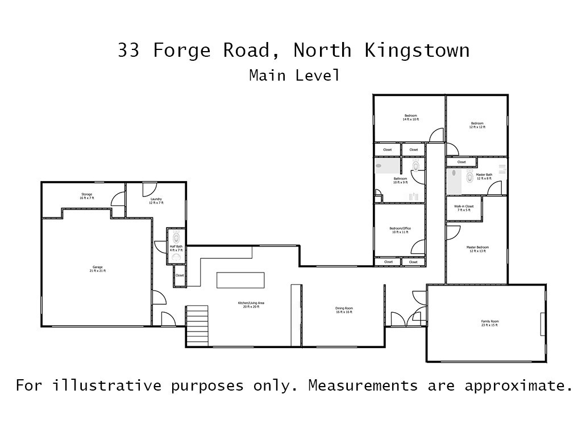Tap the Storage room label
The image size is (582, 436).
pos(86,196)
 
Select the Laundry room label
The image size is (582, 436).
pos(156,201)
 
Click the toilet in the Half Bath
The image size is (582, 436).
pos(176,236)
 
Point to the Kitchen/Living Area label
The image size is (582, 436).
pos(251,304)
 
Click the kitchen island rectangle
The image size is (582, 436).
pos(240,280)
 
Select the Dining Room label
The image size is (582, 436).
pos(344,310)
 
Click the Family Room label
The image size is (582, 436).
pos(489,323)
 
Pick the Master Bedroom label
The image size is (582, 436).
pos(477,249)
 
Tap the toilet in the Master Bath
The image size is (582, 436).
pos(469,177)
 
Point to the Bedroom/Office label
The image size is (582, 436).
pos(401,230)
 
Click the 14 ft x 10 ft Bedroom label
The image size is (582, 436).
pos(410,118)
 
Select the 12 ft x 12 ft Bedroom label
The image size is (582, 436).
pos(477,125)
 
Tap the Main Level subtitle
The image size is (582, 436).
pos(294,75)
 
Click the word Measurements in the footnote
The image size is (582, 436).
pos(363,386)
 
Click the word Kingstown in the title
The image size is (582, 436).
pos(417,51)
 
